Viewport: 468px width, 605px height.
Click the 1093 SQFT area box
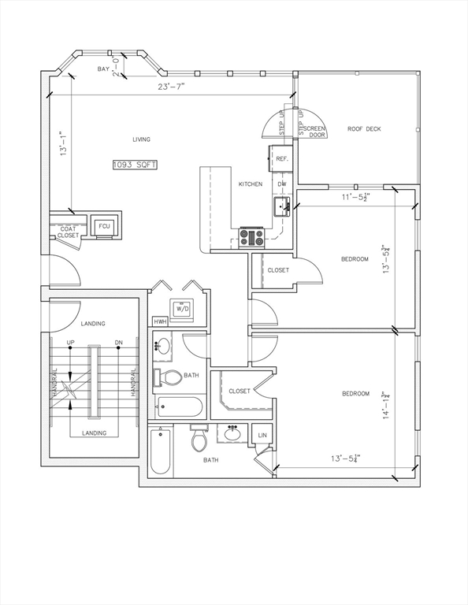point(135,165)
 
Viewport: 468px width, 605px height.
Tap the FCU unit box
point(104,226)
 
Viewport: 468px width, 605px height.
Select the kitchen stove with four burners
point(252,237)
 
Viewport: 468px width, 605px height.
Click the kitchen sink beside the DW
point(282,206)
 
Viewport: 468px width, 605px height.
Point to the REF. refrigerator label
point(282,159)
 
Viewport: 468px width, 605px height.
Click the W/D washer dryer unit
point(182,309)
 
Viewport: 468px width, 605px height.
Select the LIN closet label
point(262,435)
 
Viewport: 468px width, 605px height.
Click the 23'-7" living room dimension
point(171,87)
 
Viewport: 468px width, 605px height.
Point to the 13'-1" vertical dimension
point(64,143)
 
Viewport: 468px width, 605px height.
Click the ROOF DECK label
point(364,129)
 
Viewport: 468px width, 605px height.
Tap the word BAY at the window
point(103,69)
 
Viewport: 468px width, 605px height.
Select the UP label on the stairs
point(71,343)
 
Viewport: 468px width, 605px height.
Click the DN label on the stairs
point(119,343)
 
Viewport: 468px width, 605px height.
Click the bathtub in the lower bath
point(161,451)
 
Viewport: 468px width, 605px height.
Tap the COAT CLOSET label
point(69,232)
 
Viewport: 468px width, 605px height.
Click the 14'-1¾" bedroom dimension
point(386,405)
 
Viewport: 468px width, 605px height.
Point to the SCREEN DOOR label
point(315,132)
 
